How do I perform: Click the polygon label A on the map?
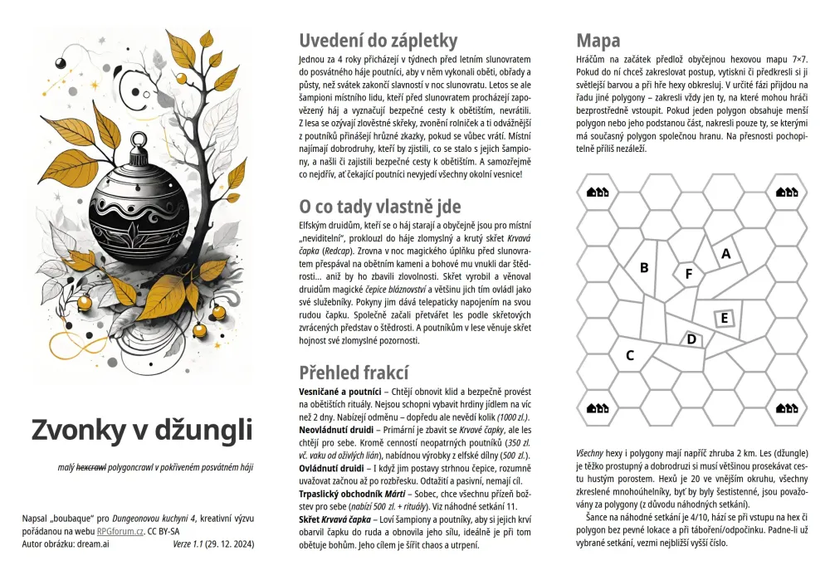[725, 254]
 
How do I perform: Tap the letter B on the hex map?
[643, 267]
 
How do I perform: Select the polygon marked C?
[630, 355]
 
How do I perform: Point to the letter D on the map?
[691, 339]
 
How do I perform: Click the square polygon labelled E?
[724, 318]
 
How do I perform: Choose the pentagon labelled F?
[688, 273]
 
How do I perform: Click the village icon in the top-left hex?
[598, 192]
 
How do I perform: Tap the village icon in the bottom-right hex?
[786, 407]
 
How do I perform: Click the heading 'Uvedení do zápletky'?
[378, 40]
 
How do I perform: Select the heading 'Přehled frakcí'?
[354, 372]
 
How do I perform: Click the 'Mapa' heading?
[598, 40]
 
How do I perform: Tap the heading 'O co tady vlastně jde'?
[380, 206]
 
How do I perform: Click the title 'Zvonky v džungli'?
[141, 430]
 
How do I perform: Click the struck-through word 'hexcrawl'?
[92, 468]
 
